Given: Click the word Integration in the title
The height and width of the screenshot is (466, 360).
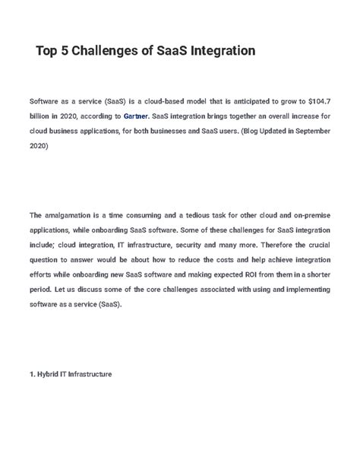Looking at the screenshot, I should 220,51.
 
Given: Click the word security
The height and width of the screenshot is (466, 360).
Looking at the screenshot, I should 198,245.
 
